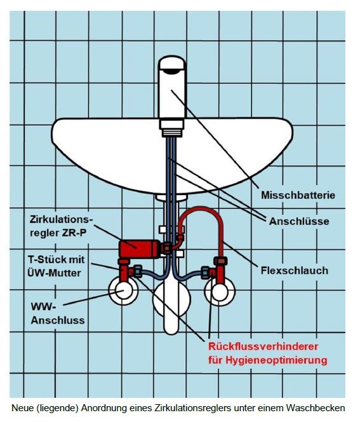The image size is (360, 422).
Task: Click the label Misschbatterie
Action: pos(298,195)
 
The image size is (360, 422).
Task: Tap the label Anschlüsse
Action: pos(299,221)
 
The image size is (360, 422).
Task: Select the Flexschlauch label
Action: pos(295,271)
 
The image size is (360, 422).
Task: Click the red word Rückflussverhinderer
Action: pos(263,346)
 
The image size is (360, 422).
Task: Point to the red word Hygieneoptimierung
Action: pos(276,360)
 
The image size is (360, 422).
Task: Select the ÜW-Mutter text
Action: pos(54,273)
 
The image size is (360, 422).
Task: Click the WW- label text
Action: pos(43,306)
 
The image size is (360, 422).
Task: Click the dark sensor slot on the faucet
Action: pos(172,71)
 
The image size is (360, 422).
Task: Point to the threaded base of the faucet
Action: pos(171,133)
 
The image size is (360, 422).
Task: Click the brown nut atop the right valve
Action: pos(221,261)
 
